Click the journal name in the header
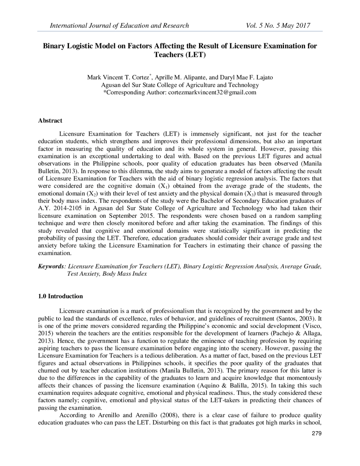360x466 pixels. tap(119, 26)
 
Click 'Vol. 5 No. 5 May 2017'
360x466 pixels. tap(278, 26)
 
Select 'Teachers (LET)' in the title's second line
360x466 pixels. tap(180, 55)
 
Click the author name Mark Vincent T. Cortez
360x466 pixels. tap(119, 77)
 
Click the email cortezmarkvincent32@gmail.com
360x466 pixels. tap(212, 92)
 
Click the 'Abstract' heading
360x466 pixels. tap(50, 120)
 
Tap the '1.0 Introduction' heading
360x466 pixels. tap(60, 296)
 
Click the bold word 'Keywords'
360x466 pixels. tap(51, 266)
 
